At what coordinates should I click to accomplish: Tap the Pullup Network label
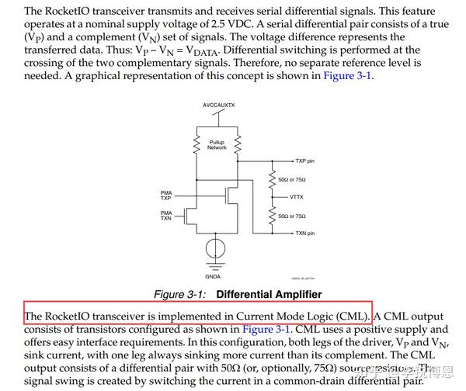[x=217, y=145]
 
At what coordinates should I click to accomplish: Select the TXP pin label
[x=304, y=161]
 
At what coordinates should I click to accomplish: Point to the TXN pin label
[x=304, y=233]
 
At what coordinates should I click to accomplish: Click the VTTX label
[x=297, y=197]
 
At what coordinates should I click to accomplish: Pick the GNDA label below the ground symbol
[x=212, y=277]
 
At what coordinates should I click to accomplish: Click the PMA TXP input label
[x=166, y=195]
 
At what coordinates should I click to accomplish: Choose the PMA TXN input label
[x=166, y=216]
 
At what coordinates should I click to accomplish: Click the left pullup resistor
[x=196, y=144]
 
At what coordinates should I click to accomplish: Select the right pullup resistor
[x=238, y=144]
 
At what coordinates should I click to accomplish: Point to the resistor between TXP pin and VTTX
[x=271, y=179]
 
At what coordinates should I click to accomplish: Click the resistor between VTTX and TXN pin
[x=271, y=215]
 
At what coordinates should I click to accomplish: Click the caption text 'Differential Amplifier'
[x=269, y=295]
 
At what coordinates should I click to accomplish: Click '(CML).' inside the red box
[x=353, y=316]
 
